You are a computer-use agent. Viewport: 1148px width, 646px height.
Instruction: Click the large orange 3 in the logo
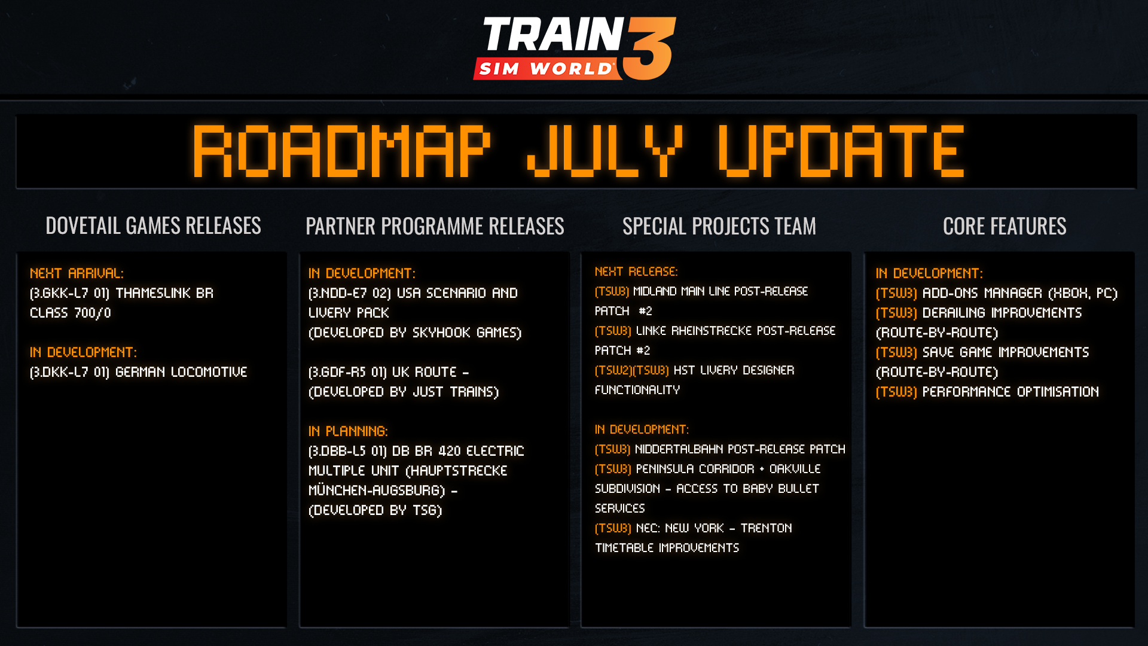649,49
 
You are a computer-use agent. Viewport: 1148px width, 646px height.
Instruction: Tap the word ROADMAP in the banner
341,151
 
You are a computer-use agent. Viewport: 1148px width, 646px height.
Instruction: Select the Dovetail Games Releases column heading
153,226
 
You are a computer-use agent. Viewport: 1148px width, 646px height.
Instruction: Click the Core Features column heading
1004,226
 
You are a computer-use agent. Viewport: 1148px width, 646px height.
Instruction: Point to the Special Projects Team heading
719,226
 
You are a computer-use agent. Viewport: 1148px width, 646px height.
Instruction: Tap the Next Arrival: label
77,273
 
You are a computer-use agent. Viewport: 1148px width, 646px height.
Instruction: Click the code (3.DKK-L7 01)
69,372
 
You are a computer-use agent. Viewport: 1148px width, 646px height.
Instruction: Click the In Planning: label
348,431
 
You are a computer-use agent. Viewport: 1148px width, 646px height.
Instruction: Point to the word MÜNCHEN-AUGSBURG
377,490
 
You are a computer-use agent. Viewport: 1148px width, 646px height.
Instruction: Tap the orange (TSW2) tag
613,370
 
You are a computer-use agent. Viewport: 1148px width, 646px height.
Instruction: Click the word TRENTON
766,528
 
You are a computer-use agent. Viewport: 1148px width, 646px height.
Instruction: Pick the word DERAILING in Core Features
954,313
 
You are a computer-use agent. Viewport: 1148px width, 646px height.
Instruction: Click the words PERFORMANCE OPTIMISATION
1010,392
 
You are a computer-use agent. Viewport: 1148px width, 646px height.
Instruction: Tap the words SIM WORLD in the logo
545,69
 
